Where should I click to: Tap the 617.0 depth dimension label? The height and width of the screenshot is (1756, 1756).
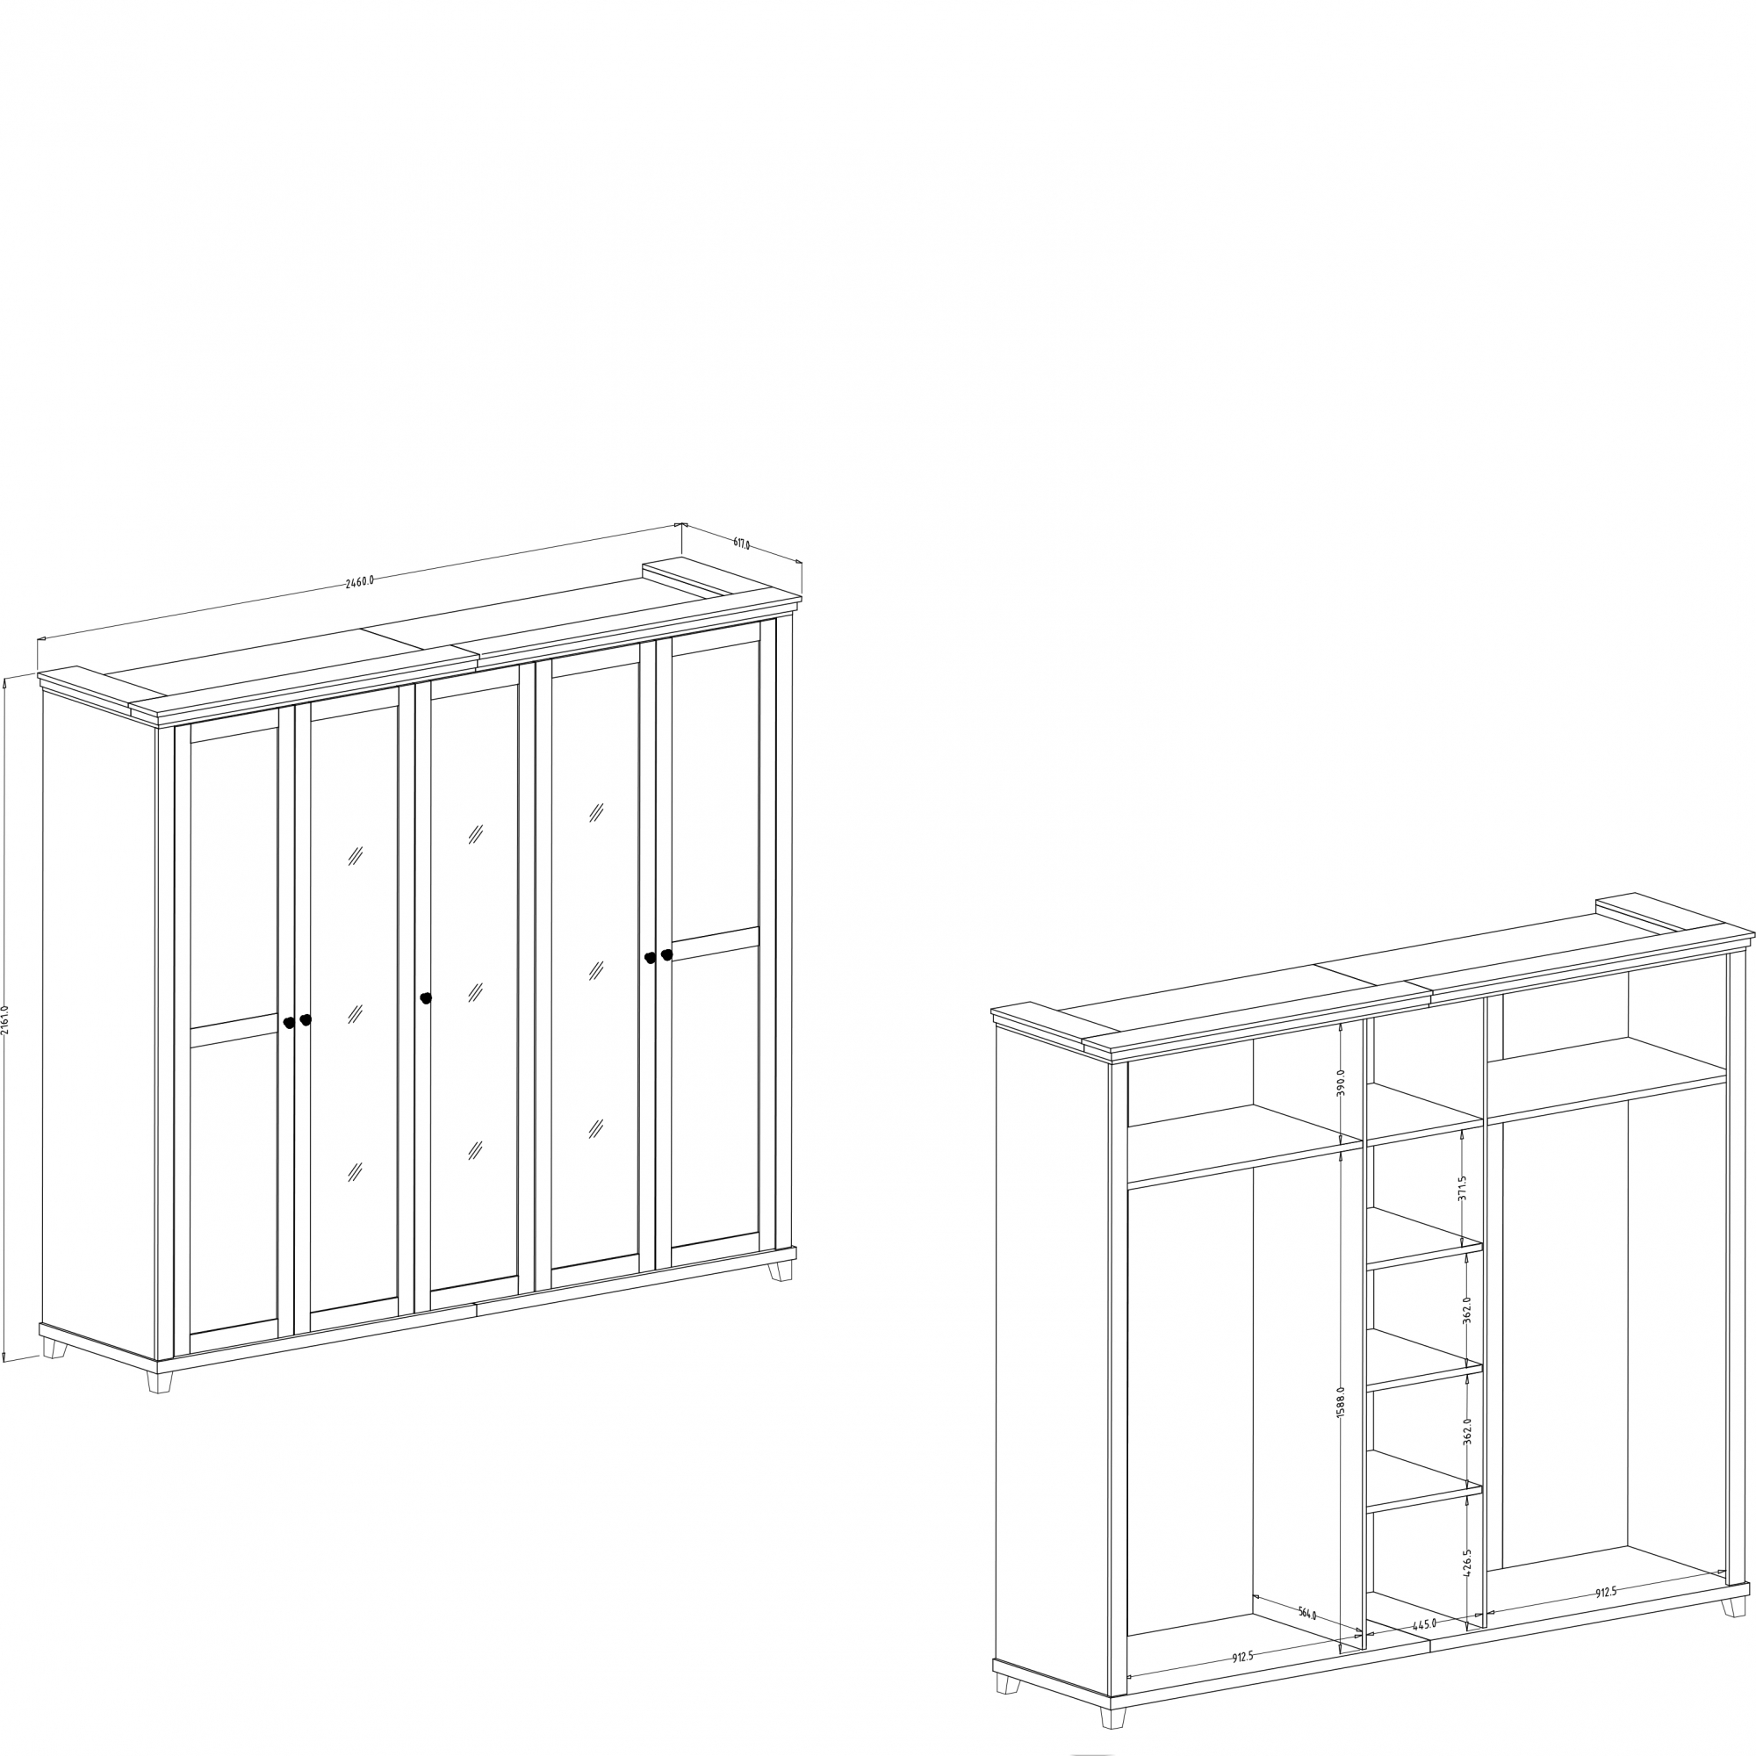(x=742, y=543)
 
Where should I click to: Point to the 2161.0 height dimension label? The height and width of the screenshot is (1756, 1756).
(x=5, y=1019)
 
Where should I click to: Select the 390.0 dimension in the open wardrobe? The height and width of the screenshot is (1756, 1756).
(x=1340, y=1083)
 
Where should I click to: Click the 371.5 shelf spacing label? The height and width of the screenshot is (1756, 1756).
(x=1463, y=1187)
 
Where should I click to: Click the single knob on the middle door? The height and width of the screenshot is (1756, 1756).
(x=425, y=998)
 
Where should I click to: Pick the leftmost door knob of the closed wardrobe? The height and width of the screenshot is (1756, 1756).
(x=289, y=1023)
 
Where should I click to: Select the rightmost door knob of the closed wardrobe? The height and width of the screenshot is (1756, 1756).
(x=666, y=954)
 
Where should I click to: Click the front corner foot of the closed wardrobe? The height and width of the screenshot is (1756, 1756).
(x=160, y=1381)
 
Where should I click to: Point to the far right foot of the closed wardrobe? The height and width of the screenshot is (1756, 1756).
(x=780, y=1270)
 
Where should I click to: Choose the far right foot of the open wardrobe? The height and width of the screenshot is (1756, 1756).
(x=1733, y=1607)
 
